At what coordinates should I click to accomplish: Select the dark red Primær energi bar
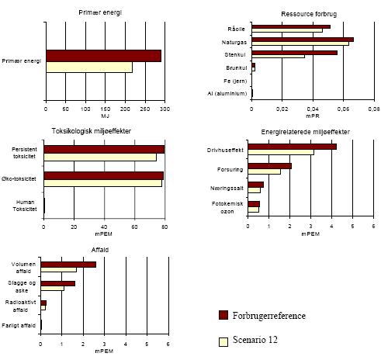[x=103, y=56]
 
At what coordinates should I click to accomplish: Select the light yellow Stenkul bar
[x=278, y=57]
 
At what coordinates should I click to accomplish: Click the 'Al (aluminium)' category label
[x=227, y=94]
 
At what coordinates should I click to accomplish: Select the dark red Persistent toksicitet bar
[x=104, y=149]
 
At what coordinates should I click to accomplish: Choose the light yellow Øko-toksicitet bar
[x=102, y=183]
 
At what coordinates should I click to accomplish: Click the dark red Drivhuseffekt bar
[x=292, y=146]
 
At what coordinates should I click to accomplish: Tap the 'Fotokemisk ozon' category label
[x=230, y=206]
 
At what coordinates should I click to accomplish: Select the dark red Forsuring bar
[x=269, y=166]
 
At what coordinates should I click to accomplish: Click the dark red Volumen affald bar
[x=68, y=265]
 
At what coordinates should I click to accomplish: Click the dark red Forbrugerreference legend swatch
[x=224, y=315]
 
